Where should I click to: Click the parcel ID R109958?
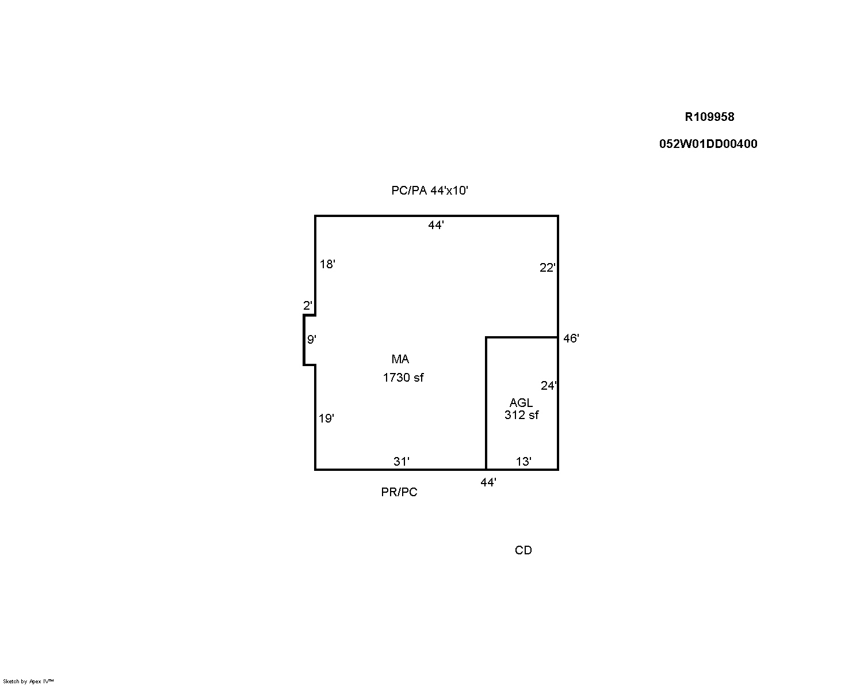pyautogui.click(x=709, y=117)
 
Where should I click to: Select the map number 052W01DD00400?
pyautogui.click(x=708, y=144)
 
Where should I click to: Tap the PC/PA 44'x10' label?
pyautogui.click(x=430, y=191)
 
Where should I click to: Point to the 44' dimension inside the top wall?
pyautogui.click(x=436, y=225)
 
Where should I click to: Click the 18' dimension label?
pyautogui.click(x=327, y=264)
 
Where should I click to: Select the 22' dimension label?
pyautogui.click(x=547, y=268)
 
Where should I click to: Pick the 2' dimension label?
pyautogui.click(x=307, y=305)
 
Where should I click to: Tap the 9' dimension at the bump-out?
pyautogui.click(x=311, y=339)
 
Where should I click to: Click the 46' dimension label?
pyautogui.click(x=571, y=338)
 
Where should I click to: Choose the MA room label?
pyautogui.click(x=400, y=359)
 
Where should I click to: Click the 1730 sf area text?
pyautogui.click(x=403, y=378)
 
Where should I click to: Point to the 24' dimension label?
pyautogui.click(x=549, y=385)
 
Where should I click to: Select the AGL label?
pyautogui.click(x=521, y=402)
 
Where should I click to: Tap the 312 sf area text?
pyautogui.click(x=521, y=414)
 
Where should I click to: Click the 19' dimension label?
pyautogui.click(x=326, y=418)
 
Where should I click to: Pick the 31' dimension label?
pyautogui.click(x=402, y=461)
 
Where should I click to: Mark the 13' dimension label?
pyautogui.click(x=523, y=461)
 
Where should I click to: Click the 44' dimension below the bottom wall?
pyautogui.click(x=488, y=482)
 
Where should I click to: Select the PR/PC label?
pyautogui.click(x=399, y=492)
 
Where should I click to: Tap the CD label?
pyautogui.click(x=523, y=550)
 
